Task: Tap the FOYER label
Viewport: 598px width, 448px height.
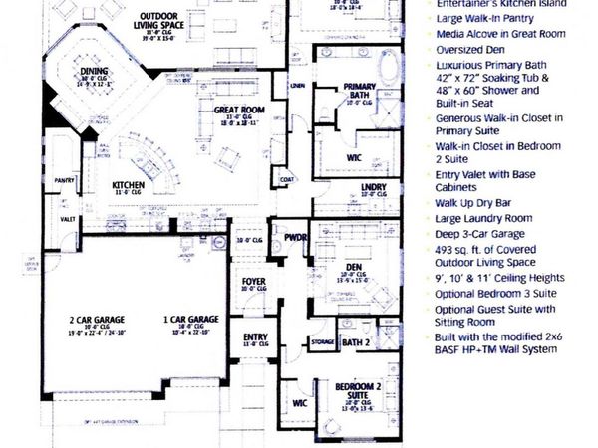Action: click(253, 283)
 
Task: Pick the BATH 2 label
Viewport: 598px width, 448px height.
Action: click(357, 343)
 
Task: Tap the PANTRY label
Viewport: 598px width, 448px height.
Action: click(66, 180)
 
